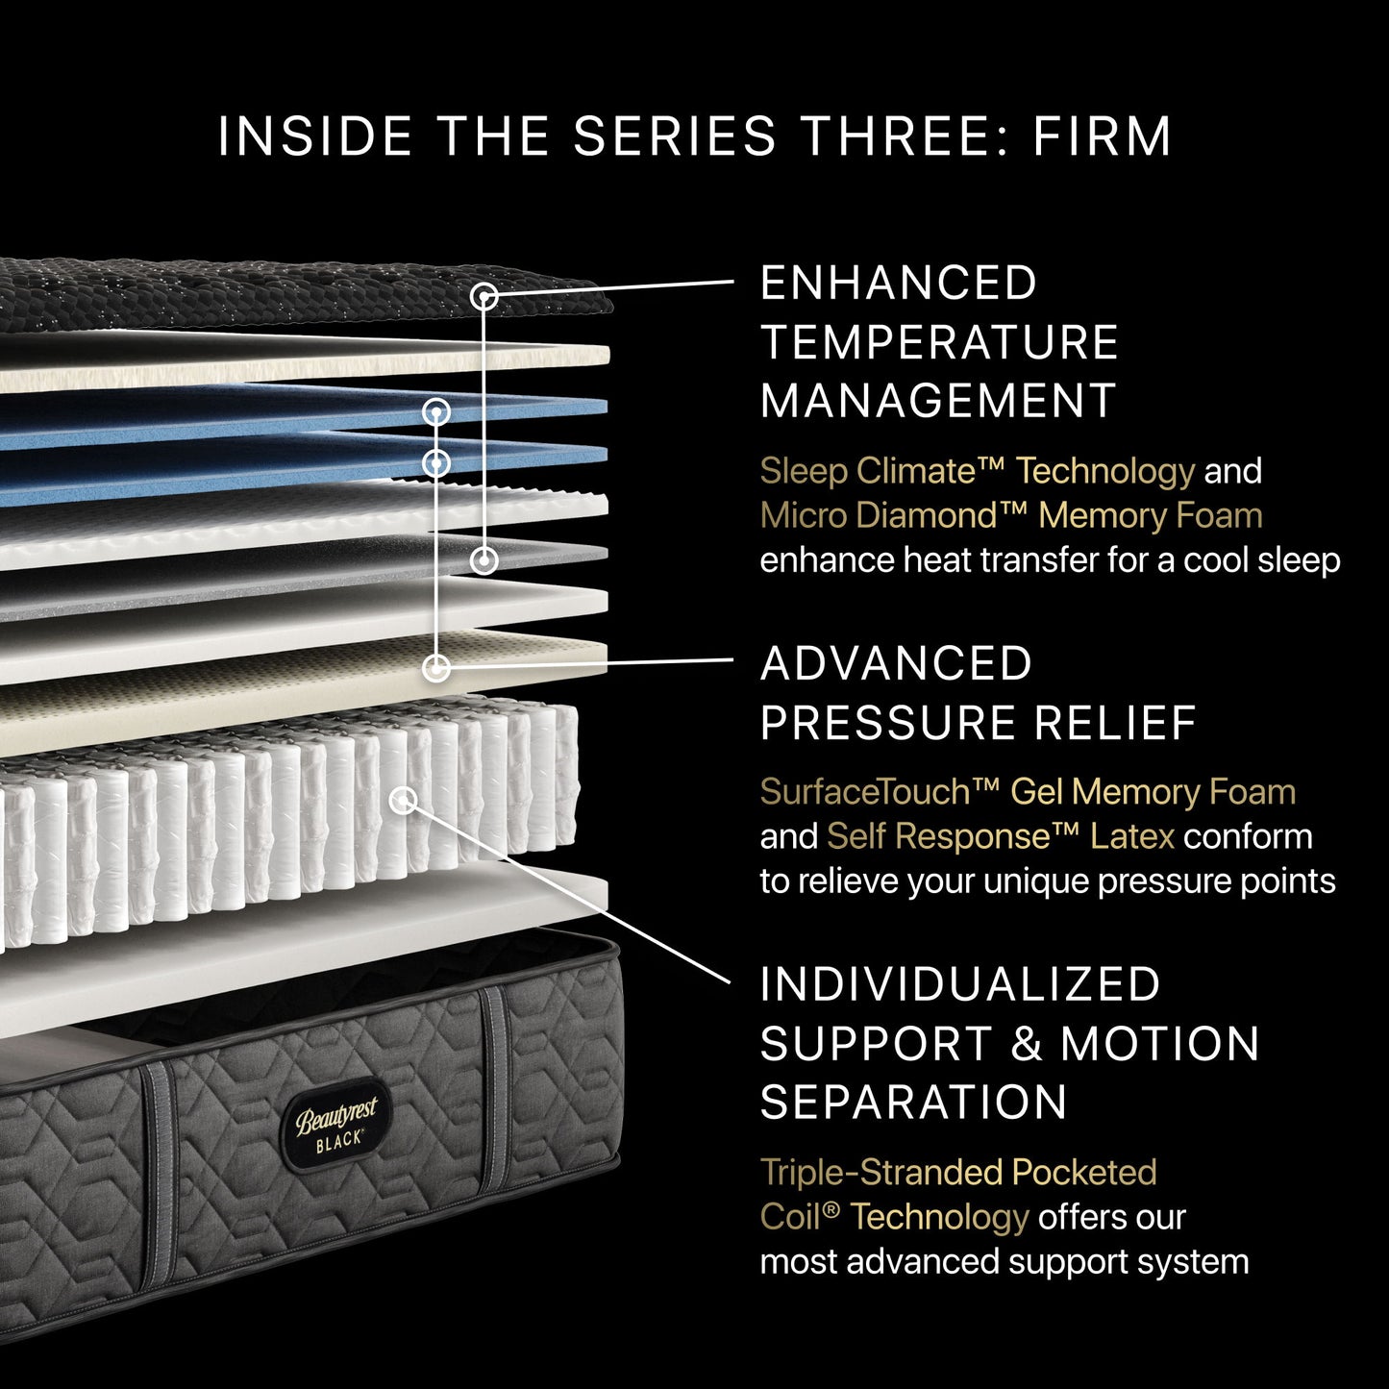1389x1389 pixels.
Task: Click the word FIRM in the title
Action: click(x=1102, y=136)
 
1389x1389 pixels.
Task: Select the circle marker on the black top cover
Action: click(x=485, y=297)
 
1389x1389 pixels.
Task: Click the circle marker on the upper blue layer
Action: click(x=436, y=412)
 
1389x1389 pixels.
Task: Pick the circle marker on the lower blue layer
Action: click(x=436, y=463)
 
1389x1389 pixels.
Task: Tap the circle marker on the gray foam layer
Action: click(x=484, y=558)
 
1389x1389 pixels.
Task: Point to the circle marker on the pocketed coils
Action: click(x=404, y=799)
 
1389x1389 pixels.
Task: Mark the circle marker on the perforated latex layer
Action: click(x=436, y=667)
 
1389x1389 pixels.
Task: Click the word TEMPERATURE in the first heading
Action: click(x=939, y=342)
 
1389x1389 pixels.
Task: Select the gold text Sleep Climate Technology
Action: click(x=977, y=471)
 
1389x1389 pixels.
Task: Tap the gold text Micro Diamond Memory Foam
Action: click(x=1010, y=516)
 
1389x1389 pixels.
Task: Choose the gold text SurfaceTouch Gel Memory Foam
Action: click(x=1027, y=792)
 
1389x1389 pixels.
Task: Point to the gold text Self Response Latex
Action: click(x=1000, y=836)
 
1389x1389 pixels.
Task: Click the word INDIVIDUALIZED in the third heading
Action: click(x=960, y=984)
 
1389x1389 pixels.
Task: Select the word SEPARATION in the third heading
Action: click(x=913, y=1102)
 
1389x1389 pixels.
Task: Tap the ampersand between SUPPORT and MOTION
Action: click(x=1027, y=1044)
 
